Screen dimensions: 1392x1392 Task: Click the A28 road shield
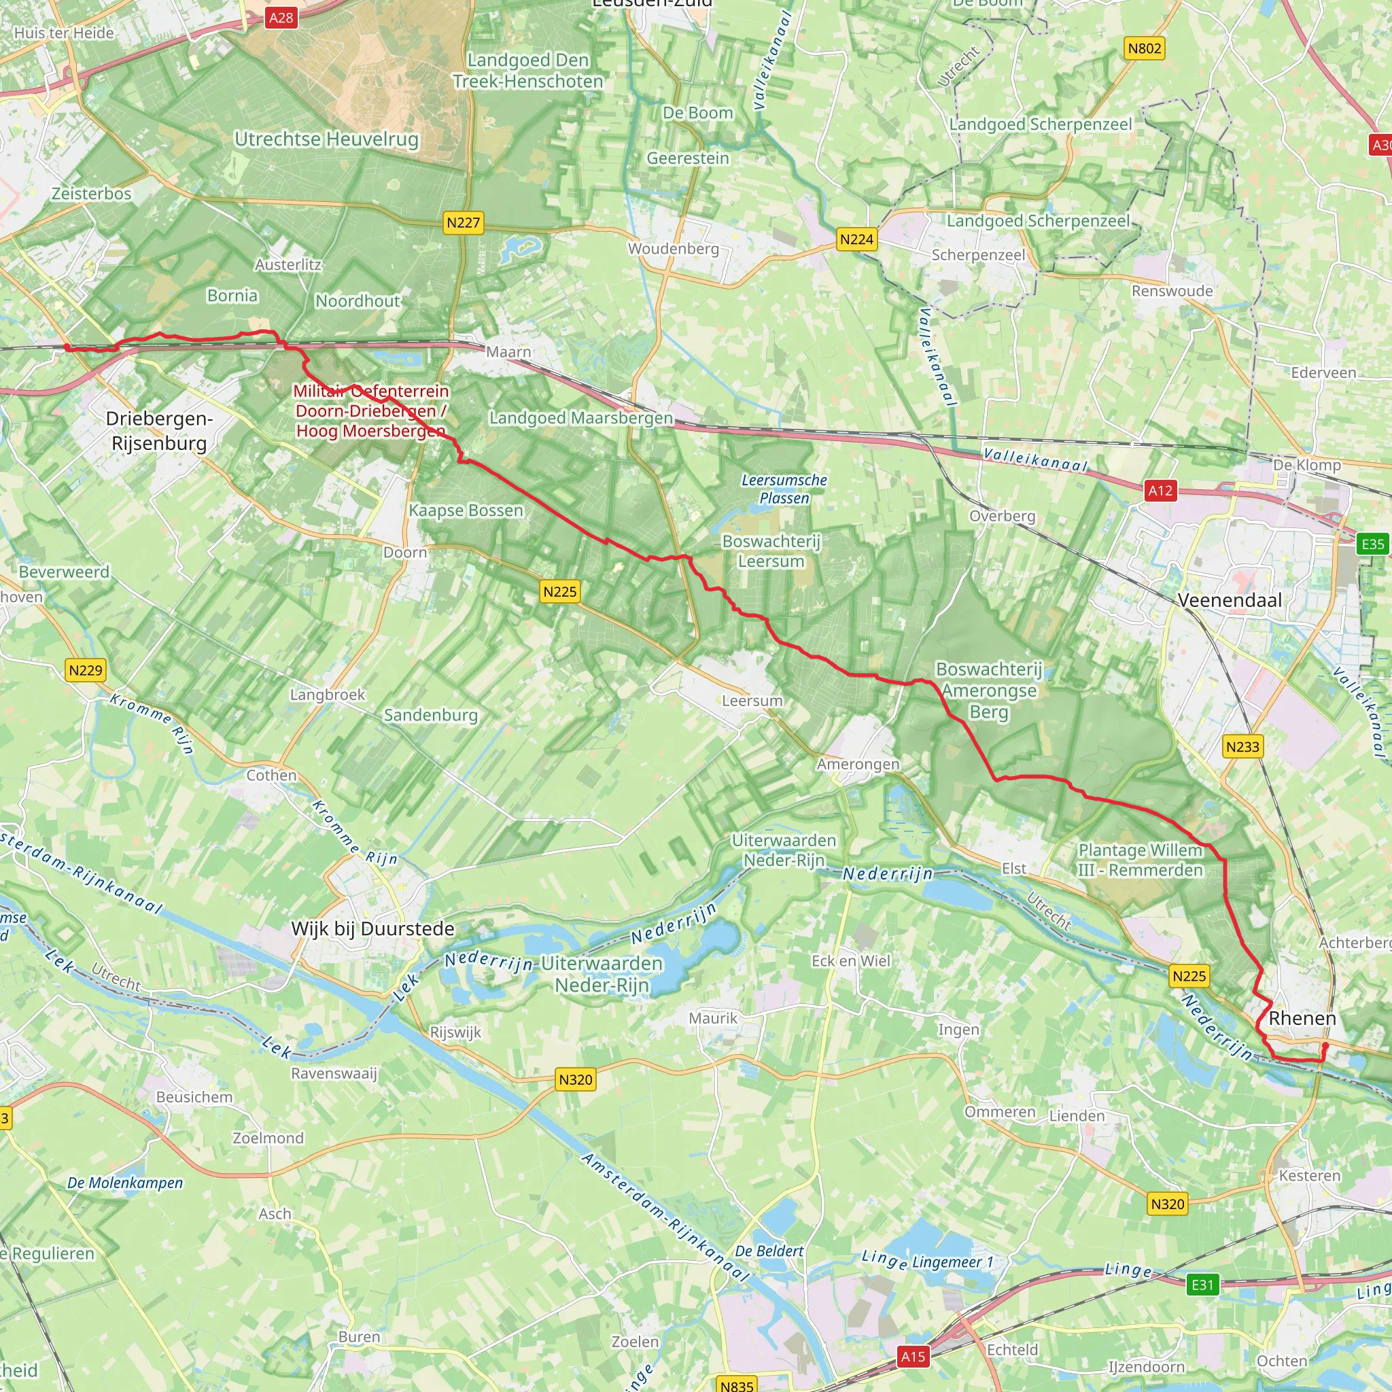(x=281, y=17)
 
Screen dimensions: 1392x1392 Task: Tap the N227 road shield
(x=464, y=223)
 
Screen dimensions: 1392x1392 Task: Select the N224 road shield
(x=856, y=239)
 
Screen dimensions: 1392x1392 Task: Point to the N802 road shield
(x=1144, y=48)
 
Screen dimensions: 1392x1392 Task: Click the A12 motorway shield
(x=1160, y=491)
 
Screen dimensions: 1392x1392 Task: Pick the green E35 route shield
(x=1372, y=544)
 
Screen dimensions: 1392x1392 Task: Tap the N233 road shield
(x=1243, y=746)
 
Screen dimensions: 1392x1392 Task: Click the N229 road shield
(x=86, y=670)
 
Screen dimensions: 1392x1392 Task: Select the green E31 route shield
(x=1202, y=1285)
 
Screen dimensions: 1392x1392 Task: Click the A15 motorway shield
(x=913, y=1357)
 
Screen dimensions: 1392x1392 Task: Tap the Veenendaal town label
(x=1230, y=600)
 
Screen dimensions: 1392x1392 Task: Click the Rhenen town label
(x=1302, y=1018)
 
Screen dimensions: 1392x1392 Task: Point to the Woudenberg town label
(x=673, y=249)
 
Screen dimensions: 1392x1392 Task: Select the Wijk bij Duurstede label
(x=372, y=928)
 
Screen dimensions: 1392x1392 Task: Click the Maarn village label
(x=508, y=351)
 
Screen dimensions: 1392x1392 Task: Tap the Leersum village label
(x=752, y=700)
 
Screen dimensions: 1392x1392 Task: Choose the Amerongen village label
(x=857, y=764)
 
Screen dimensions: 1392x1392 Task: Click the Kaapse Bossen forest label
(x=466, y=510)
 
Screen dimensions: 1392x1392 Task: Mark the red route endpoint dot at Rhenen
(x=1325, y=1045)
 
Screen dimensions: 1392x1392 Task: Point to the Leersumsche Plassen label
(x=784, y=489)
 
